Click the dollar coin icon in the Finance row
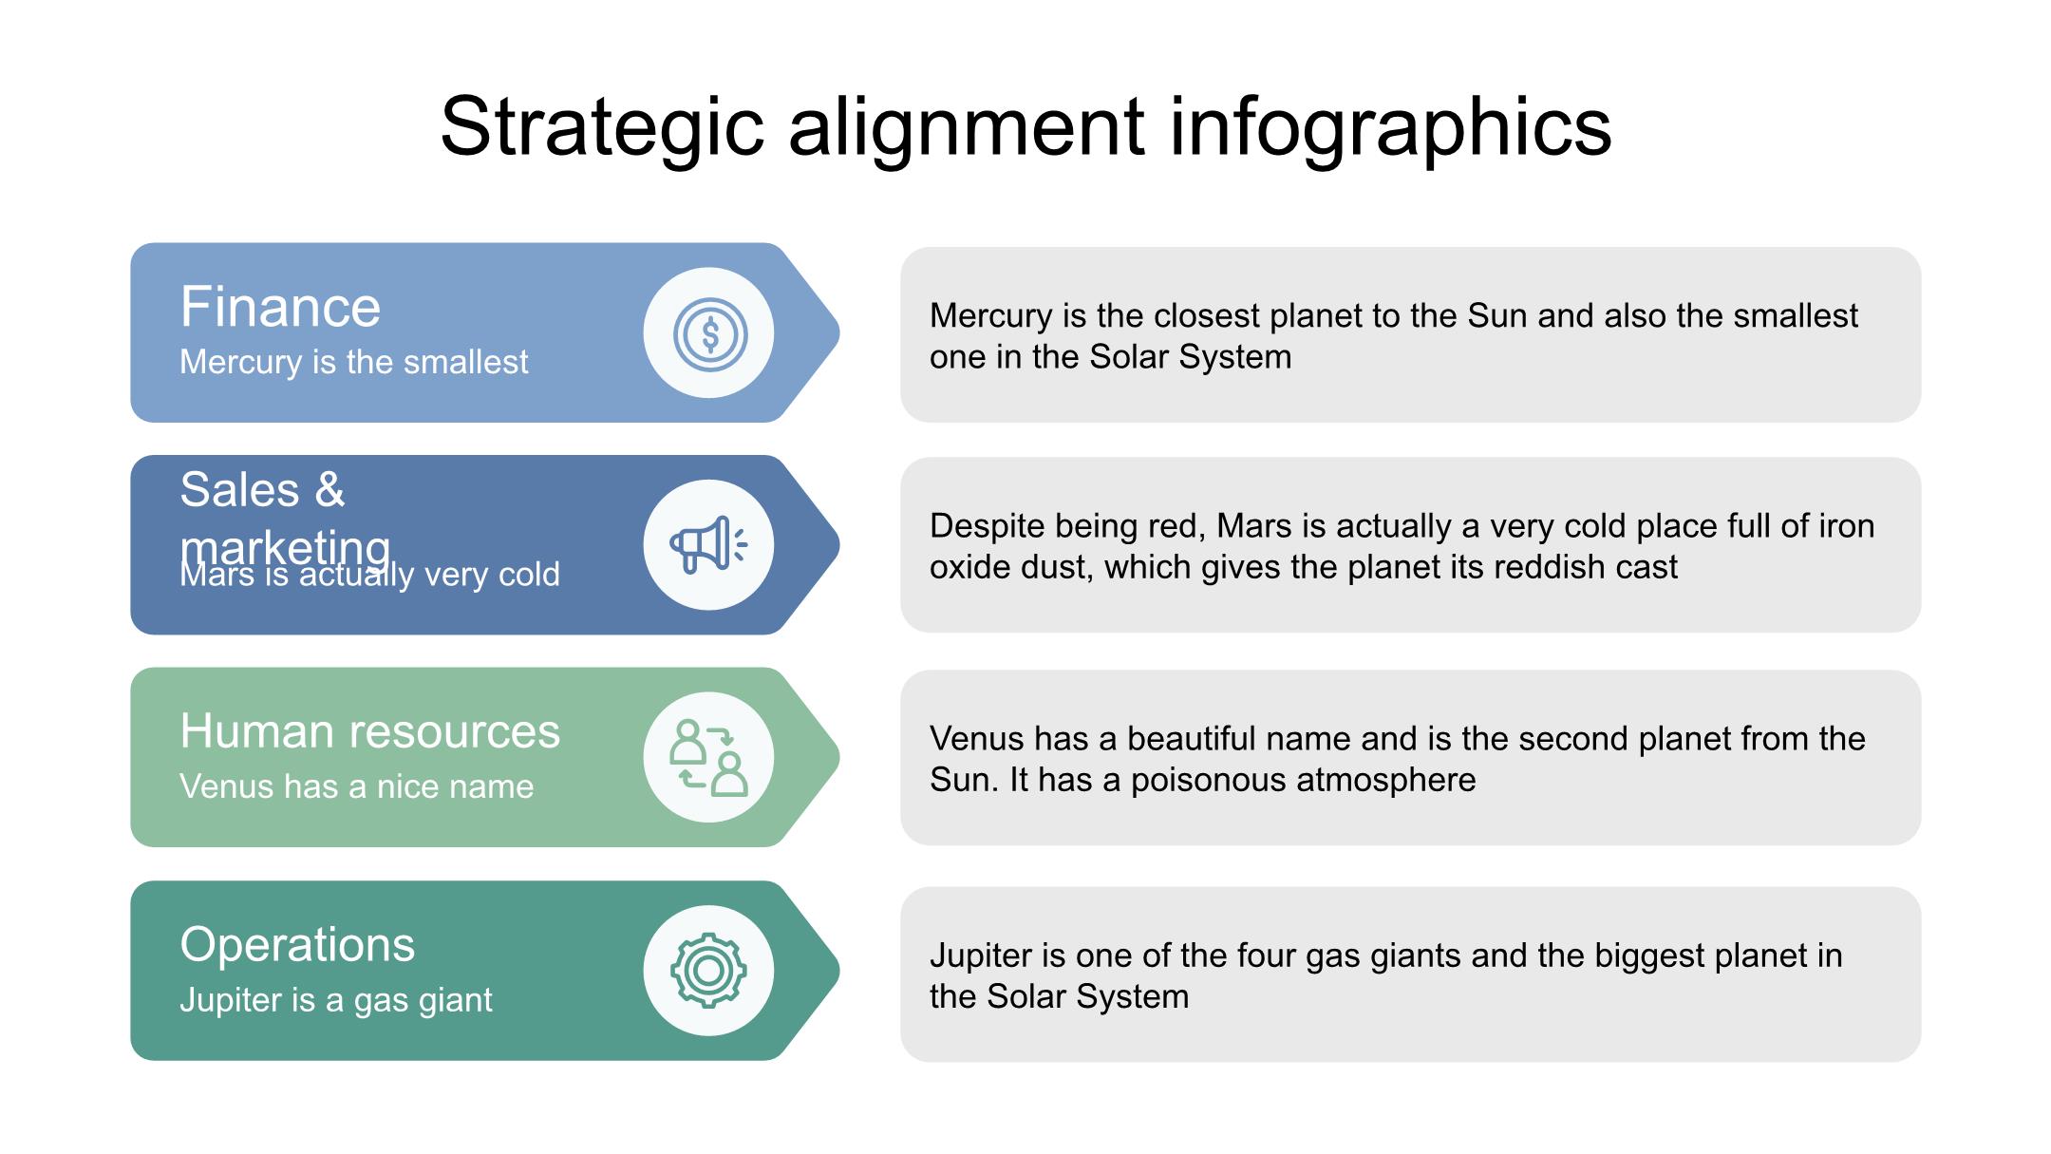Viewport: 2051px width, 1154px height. pos(709,333)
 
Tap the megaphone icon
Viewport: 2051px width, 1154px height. pos(708,545)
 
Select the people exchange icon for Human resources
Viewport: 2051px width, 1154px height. pos(708,757)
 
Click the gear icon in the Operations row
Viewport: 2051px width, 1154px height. pos(708,970)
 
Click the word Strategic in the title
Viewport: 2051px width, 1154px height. pos(602,127)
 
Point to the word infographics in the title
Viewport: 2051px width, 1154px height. pos(1390,127)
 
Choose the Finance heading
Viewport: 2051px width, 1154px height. pos(280,307)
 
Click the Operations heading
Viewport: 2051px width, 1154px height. pos(297,945)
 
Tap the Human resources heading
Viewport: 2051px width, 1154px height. pos(370,731)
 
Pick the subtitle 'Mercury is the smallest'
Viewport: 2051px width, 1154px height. pos(354,362)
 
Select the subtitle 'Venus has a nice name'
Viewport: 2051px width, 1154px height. pos(357,786)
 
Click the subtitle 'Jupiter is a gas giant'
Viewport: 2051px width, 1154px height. pos(336,999)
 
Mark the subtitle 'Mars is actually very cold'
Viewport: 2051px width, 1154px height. pos(370,575)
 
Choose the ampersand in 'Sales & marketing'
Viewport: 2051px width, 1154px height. pos(329,490)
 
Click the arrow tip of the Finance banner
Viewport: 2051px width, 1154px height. pos(839,332)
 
